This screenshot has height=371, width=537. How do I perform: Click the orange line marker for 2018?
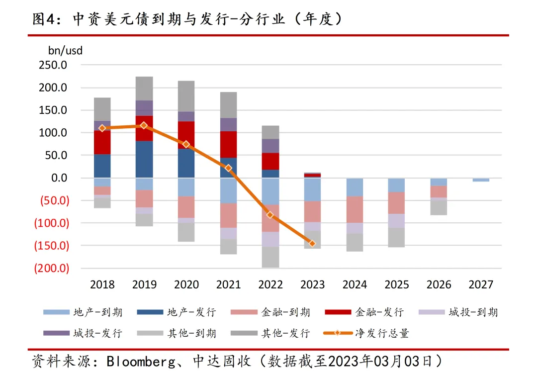pos(102,128)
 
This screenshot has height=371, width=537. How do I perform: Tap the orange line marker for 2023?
pos(312,243)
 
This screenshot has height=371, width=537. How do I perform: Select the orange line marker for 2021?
pos(228,168)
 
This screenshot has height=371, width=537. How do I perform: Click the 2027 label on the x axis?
pos(481,285)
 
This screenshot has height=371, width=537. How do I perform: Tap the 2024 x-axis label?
pos(355,285)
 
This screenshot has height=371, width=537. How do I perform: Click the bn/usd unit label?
pos(66,50)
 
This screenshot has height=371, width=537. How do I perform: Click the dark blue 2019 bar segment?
pos(144,159)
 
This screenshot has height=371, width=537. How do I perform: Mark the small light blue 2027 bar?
pos(481,180)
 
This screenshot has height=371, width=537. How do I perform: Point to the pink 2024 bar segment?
pos(355,209)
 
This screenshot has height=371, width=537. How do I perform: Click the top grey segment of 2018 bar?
pos(102,109)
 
